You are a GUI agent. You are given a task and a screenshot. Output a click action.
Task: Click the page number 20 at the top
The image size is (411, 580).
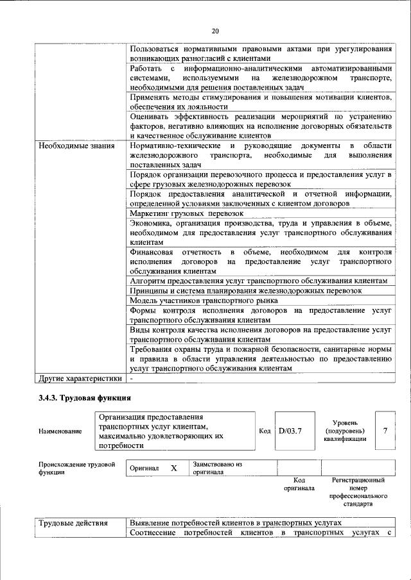pyautogui.click(x=215, y=31)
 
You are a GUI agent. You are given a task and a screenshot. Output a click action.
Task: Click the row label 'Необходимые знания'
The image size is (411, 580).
pyautogui.click(x=77, y=145)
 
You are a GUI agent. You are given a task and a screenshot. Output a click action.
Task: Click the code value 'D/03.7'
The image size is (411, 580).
pyautogui.click(x=290, y=431)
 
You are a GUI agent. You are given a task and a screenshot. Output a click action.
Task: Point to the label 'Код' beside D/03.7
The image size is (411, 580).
pyautogui.click(x=265, y=431)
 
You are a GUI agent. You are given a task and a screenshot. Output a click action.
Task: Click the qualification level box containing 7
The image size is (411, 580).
pyautogui.click(x=385, y=431)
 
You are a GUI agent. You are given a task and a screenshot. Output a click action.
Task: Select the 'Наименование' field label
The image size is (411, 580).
pyautogui.click(x=60, y=431)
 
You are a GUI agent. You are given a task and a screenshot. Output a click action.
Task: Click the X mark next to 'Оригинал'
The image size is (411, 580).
pyautogui.click(x=173, y=468)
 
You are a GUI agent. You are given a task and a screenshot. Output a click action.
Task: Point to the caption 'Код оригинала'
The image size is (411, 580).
pyautogui.click(x=299, y=484)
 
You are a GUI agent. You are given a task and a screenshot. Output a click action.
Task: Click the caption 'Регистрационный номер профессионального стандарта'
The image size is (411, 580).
pyautogui.click(x=358, y=492)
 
